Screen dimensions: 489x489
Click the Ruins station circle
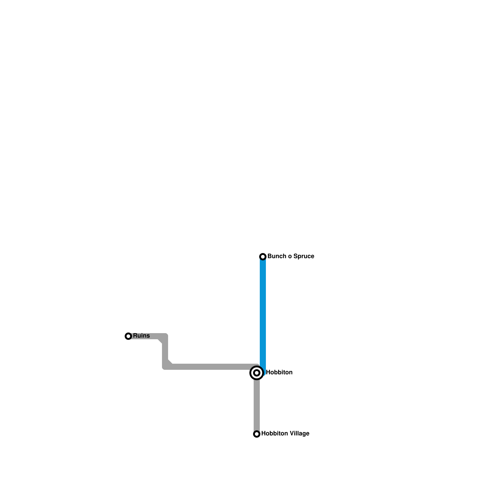click(128, 336)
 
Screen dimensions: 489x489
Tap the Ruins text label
click(141, 336)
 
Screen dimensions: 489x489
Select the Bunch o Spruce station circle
click(263, 257)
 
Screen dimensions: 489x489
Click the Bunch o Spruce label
click(291, 256)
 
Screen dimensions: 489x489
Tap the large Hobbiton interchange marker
click(257, 373)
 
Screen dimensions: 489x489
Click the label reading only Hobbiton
click(279, 373)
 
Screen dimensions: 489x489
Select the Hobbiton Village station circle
click(257, 434)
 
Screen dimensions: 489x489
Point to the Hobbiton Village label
click(285, 434)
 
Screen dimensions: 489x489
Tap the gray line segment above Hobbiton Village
click(257, 406)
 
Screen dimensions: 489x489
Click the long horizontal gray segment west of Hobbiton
click(211, 367)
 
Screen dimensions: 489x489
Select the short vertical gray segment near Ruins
click(165, 351)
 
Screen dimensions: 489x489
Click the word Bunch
click(276, 256)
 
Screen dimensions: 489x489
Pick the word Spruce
click(303, 256)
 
